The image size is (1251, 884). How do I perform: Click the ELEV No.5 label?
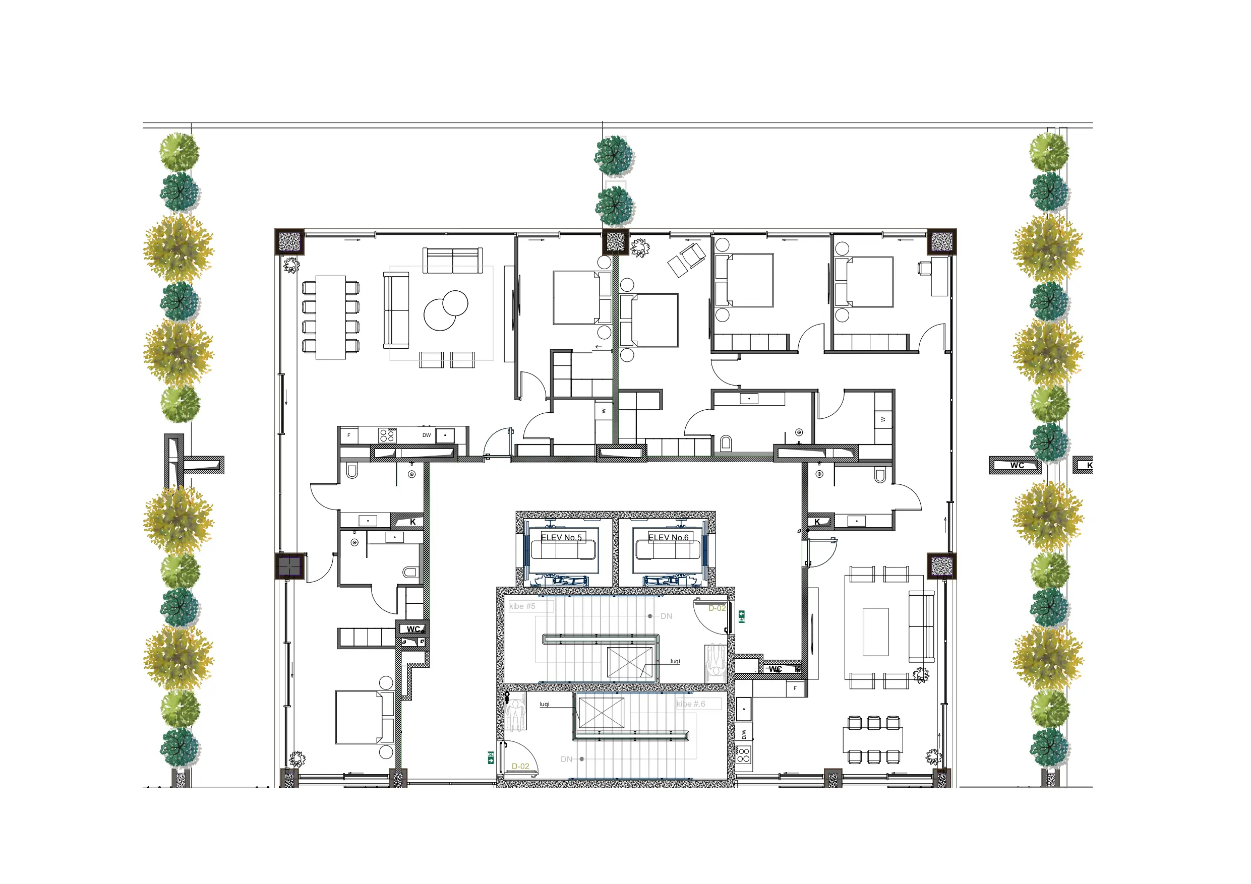(561, 538)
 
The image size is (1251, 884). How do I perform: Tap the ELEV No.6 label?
(669, 538)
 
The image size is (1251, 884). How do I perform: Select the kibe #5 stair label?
(522, 606)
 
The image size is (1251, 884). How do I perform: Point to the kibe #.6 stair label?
(691, 704)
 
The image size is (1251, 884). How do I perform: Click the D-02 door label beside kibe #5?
(717, 608)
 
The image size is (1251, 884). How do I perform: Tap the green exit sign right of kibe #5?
(742, 616)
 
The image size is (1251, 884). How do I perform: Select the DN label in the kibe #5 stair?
(666, 616)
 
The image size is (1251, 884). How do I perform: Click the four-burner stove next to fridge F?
(387, 435)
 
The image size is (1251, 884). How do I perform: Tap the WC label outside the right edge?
(1017, 466)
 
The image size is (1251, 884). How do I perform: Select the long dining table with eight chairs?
(331, 318)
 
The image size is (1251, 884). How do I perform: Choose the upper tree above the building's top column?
(614, 156)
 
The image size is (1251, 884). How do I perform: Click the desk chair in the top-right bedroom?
(924, 268)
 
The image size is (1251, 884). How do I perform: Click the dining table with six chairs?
(873, 740)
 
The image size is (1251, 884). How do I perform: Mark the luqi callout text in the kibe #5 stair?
(675, 661)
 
